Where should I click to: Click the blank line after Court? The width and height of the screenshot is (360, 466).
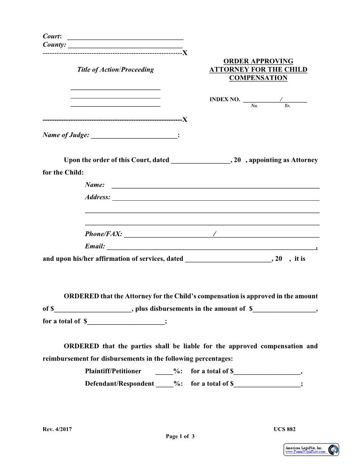point(125,37)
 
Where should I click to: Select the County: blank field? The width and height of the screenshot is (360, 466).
point(125,45)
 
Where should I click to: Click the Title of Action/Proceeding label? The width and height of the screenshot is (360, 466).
point(116,69)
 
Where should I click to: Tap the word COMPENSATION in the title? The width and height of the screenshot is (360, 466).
point(258,78)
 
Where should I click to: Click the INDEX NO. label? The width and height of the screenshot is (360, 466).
point(225,100)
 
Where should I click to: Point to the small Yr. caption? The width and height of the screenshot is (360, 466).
point(287,106)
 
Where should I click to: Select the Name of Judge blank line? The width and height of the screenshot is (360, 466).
point(134,136)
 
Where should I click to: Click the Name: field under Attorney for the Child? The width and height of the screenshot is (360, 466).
point(215,186)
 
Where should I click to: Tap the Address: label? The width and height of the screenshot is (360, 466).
point(97,197)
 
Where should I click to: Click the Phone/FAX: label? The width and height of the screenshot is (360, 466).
point(104,234)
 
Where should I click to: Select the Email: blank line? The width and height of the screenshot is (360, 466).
point(211,247)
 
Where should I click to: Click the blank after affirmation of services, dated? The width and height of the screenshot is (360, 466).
point(228,259)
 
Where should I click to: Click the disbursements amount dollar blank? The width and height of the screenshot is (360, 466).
point(285,309)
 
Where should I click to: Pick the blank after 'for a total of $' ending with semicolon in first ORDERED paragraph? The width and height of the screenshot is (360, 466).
point(126,322)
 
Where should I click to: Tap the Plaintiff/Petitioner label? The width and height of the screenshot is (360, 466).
point(113,371)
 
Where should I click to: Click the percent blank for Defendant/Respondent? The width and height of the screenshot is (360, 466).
point(165,384)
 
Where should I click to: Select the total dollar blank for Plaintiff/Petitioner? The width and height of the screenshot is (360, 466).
point(267,372)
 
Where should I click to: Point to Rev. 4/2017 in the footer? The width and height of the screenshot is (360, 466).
point(57,429)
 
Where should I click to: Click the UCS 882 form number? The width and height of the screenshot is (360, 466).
point(285,429)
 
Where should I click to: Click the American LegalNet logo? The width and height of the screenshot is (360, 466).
point(311,450)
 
